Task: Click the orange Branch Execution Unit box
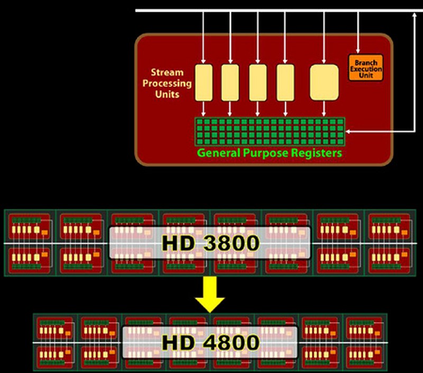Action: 365,68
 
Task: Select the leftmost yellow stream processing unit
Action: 204,83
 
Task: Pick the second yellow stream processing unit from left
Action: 230,83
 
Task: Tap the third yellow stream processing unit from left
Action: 258,83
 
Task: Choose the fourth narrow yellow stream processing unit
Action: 285,83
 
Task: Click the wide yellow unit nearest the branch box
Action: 324,82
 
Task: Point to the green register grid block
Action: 270,131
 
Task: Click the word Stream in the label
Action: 167,73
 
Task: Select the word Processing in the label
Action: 167,84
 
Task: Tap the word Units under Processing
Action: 167,94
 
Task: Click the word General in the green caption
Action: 218,154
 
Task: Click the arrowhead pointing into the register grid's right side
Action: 348,131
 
